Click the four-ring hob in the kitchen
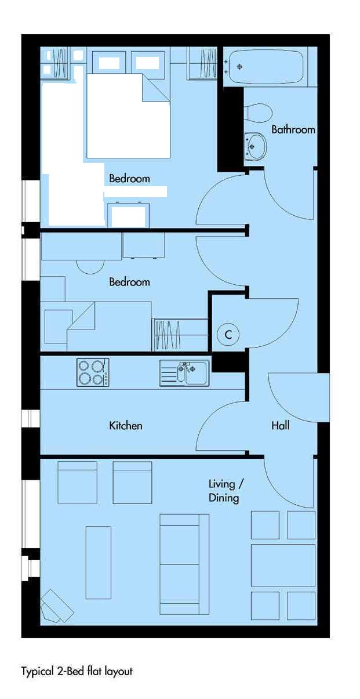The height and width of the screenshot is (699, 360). coord(93,372)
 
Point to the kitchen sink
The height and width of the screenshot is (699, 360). coord(184,373)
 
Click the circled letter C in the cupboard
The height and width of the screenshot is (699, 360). coord(228,335)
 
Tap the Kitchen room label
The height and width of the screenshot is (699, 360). coord(126,426)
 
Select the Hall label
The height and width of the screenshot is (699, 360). coord(280,425)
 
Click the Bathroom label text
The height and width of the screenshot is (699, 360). coord(293,129)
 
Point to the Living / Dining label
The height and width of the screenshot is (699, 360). coord(226,491)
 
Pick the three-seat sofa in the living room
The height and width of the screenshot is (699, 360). coord(184,564)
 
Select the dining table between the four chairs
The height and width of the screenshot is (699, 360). coord(283,566)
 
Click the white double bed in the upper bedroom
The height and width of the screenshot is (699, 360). coord(128,115)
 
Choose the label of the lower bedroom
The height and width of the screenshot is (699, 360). coord(129,282)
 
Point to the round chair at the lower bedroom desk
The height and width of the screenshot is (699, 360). coord(90,267)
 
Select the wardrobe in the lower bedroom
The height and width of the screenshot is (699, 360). coord(180,335)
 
